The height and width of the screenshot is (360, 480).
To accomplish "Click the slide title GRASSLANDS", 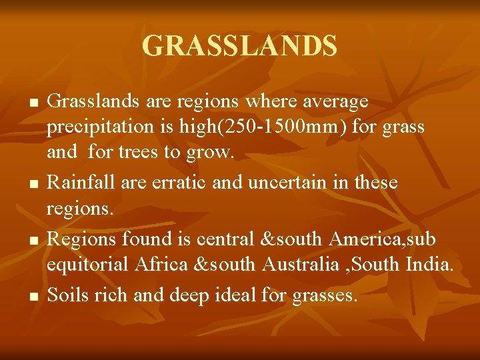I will coord(240,46).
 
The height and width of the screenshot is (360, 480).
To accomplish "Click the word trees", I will coord(138,153).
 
